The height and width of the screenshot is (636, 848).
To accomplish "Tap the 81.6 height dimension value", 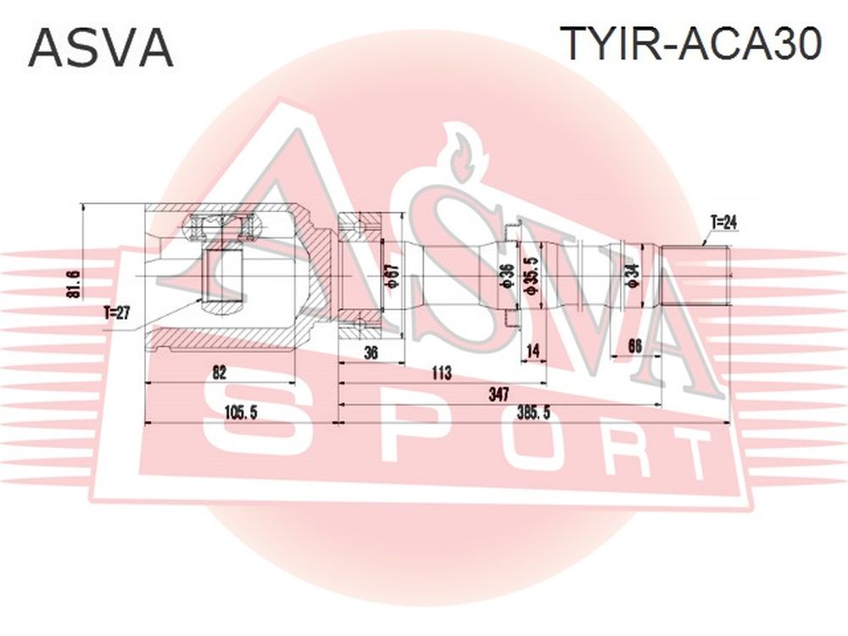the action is (75, 284).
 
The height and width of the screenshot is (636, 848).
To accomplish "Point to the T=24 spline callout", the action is (723, 222).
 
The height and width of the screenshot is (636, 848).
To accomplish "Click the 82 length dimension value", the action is (219, 372).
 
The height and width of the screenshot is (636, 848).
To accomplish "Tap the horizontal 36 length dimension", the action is (371, 353).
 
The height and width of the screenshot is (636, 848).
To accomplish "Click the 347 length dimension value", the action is (498, 393).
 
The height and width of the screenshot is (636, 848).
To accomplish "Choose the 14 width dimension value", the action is (533, 352).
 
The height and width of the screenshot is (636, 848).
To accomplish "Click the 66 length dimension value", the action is (635, 346).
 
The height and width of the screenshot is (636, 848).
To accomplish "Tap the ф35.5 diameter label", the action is (533, 276).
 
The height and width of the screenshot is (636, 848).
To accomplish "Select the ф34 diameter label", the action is (633, 275).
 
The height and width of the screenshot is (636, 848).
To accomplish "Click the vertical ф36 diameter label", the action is (508, 276).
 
